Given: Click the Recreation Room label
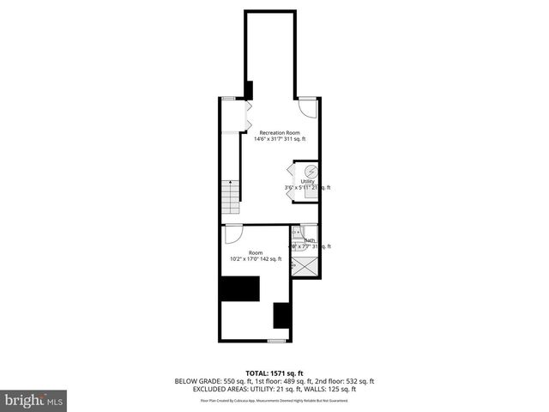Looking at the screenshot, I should click(x=280, y=132).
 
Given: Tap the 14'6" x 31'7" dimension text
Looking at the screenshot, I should click(x=280, y=140).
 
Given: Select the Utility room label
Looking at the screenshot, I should click(x=307, y=181).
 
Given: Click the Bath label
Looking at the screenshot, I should click(x=309, y=240).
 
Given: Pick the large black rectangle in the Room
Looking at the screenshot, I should click(x=239, y=289).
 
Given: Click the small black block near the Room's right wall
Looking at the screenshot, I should click(x=281, y=316).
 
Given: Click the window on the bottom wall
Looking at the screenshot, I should click(x=275, y=341).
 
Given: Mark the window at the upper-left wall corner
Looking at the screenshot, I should click(x=228, y=99).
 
